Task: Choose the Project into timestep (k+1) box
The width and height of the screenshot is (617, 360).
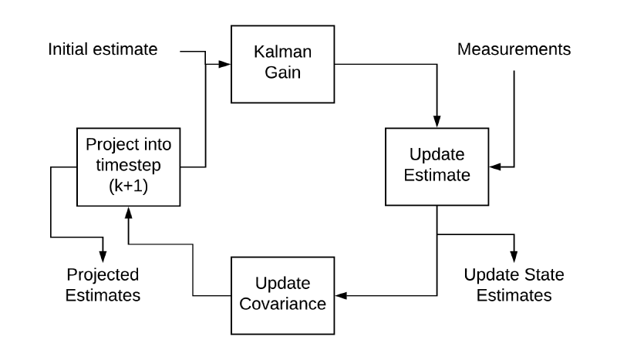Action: pyautogui.click(x=129, y=167)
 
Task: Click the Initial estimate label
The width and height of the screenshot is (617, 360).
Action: pyautogui.click(x=103, y=50)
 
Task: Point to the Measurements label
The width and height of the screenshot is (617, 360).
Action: pyautogui.click(x=514, y=50)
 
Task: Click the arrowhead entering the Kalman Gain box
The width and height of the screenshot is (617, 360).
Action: pyautogui.click(x=224, y=64)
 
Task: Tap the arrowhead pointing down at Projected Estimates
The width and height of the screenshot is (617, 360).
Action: pyautogui.click(x=103, y=256)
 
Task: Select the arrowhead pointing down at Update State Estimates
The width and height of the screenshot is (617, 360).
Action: pyautogui.click(x=514, y=256)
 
